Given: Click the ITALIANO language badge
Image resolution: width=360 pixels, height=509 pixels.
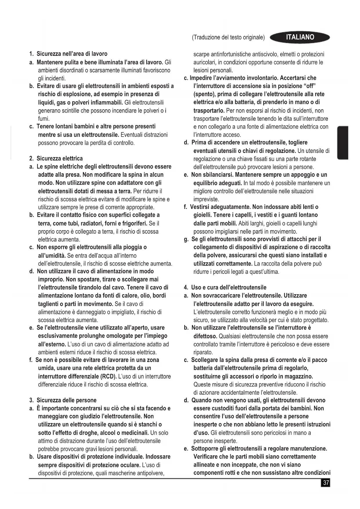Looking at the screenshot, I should click(300, 37).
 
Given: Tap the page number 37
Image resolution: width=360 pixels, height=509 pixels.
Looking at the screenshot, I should click(326, 483).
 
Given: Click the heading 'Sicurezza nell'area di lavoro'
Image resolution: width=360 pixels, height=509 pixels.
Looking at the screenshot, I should click(72, 54).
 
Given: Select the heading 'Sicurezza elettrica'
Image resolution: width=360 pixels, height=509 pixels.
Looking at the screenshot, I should click(59, 158).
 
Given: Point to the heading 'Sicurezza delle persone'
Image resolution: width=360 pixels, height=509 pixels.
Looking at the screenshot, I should click(66, 400).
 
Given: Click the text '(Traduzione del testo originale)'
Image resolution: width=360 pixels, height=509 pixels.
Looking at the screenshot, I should click(228, 37).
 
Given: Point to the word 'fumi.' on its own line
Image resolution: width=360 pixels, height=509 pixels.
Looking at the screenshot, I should click(44, 119).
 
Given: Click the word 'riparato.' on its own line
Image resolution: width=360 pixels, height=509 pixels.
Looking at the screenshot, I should click(203, 352).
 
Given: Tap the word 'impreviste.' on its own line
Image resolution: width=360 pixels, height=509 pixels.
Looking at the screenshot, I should click(206, 199).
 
